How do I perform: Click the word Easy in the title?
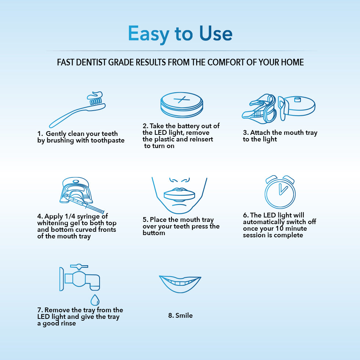pos(148,34)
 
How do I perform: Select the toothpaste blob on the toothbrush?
pos(95,95)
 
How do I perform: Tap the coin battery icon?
pos(181,105)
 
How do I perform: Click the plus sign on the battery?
pos(181,100)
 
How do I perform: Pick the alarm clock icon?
pos(280,192)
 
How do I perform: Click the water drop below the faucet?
pos(95,300)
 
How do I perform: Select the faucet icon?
pos(79,277)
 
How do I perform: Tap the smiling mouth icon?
pos(180,284)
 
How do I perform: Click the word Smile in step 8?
pos(184,316)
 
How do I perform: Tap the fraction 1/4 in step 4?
pos(70,216)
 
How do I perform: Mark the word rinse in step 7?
pos(68,323)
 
